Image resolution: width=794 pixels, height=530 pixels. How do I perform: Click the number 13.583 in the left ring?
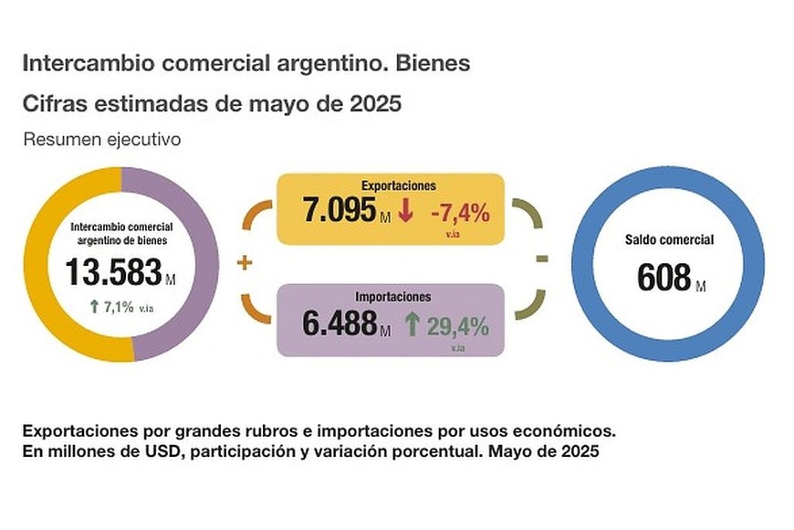pos(113,272)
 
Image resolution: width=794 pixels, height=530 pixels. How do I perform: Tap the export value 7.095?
pos(339,211)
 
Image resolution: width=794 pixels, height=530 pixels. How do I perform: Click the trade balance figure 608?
pos(664,276)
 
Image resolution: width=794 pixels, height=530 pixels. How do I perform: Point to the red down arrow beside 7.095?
pos(406,211)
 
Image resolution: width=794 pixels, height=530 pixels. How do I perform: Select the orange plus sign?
pos(244,264)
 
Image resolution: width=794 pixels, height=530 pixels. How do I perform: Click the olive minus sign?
pos(541,259)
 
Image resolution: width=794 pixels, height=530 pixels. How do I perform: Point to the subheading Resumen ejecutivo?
pos(102,140)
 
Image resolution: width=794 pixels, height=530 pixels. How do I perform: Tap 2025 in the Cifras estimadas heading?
pos(375,104)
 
